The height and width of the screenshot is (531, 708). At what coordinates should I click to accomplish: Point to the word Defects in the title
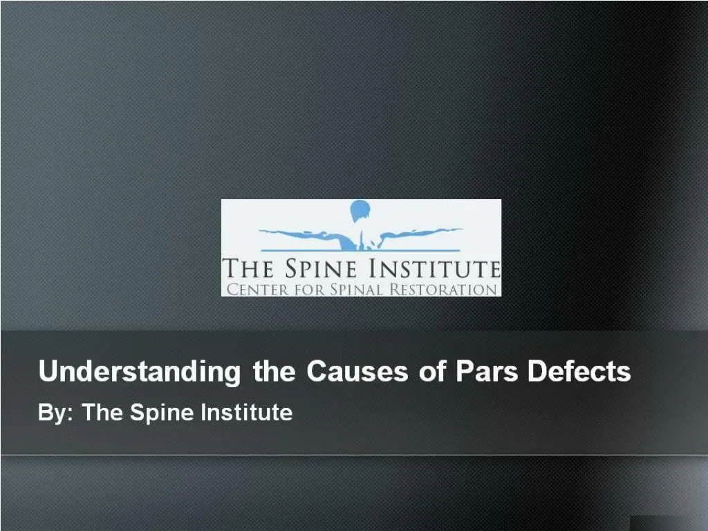(x=579, y=372)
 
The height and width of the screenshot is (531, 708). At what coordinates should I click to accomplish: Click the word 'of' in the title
(x=432, y=372)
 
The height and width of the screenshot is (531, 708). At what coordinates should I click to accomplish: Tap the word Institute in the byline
(x=246, y=413)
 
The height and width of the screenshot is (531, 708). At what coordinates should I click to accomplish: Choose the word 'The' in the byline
(x=104, y=413)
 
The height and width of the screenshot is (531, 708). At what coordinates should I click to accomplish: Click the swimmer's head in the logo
(x=360, y=209)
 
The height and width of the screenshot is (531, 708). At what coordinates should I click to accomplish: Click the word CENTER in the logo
(x=253, y=289)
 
